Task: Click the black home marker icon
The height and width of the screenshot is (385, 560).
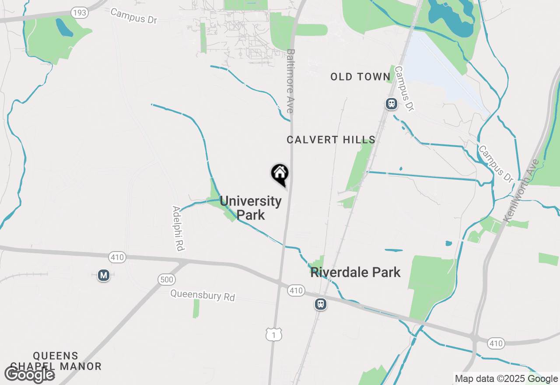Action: pos(280,173)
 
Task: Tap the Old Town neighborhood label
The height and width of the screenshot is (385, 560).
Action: pos(360,77)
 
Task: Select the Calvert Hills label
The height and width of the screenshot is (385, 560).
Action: pos(331,140)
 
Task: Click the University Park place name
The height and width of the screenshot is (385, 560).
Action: pos(251,208)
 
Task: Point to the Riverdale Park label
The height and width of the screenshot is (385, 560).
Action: pos(356,272)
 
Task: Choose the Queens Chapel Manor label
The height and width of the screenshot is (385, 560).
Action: pos(56,361)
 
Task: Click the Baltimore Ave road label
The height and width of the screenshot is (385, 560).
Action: pos(290,81)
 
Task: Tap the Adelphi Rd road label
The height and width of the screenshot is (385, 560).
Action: pos(178,228)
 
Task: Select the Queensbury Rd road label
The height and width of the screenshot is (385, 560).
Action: pos(203,295)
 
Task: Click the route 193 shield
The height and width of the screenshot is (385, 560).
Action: pos(80,13)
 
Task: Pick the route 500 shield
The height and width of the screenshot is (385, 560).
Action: pos(167,280)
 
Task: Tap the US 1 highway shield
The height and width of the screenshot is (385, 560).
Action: pos(274,335)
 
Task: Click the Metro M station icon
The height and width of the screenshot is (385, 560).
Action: pos(104,275)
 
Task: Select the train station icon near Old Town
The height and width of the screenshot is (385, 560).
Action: pos(391,104)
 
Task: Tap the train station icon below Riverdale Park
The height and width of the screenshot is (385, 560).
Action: pos(321,304)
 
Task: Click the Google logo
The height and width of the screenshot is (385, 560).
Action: pos(29,374)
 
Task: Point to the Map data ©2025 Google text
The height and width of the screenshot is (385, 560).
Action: pos(506,378)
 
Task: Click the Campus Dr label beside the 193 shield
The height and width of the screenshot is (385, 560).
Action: pos(133,16)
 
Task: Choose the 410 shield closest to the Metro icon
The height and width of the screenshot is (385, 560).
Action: pos(117,258)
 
